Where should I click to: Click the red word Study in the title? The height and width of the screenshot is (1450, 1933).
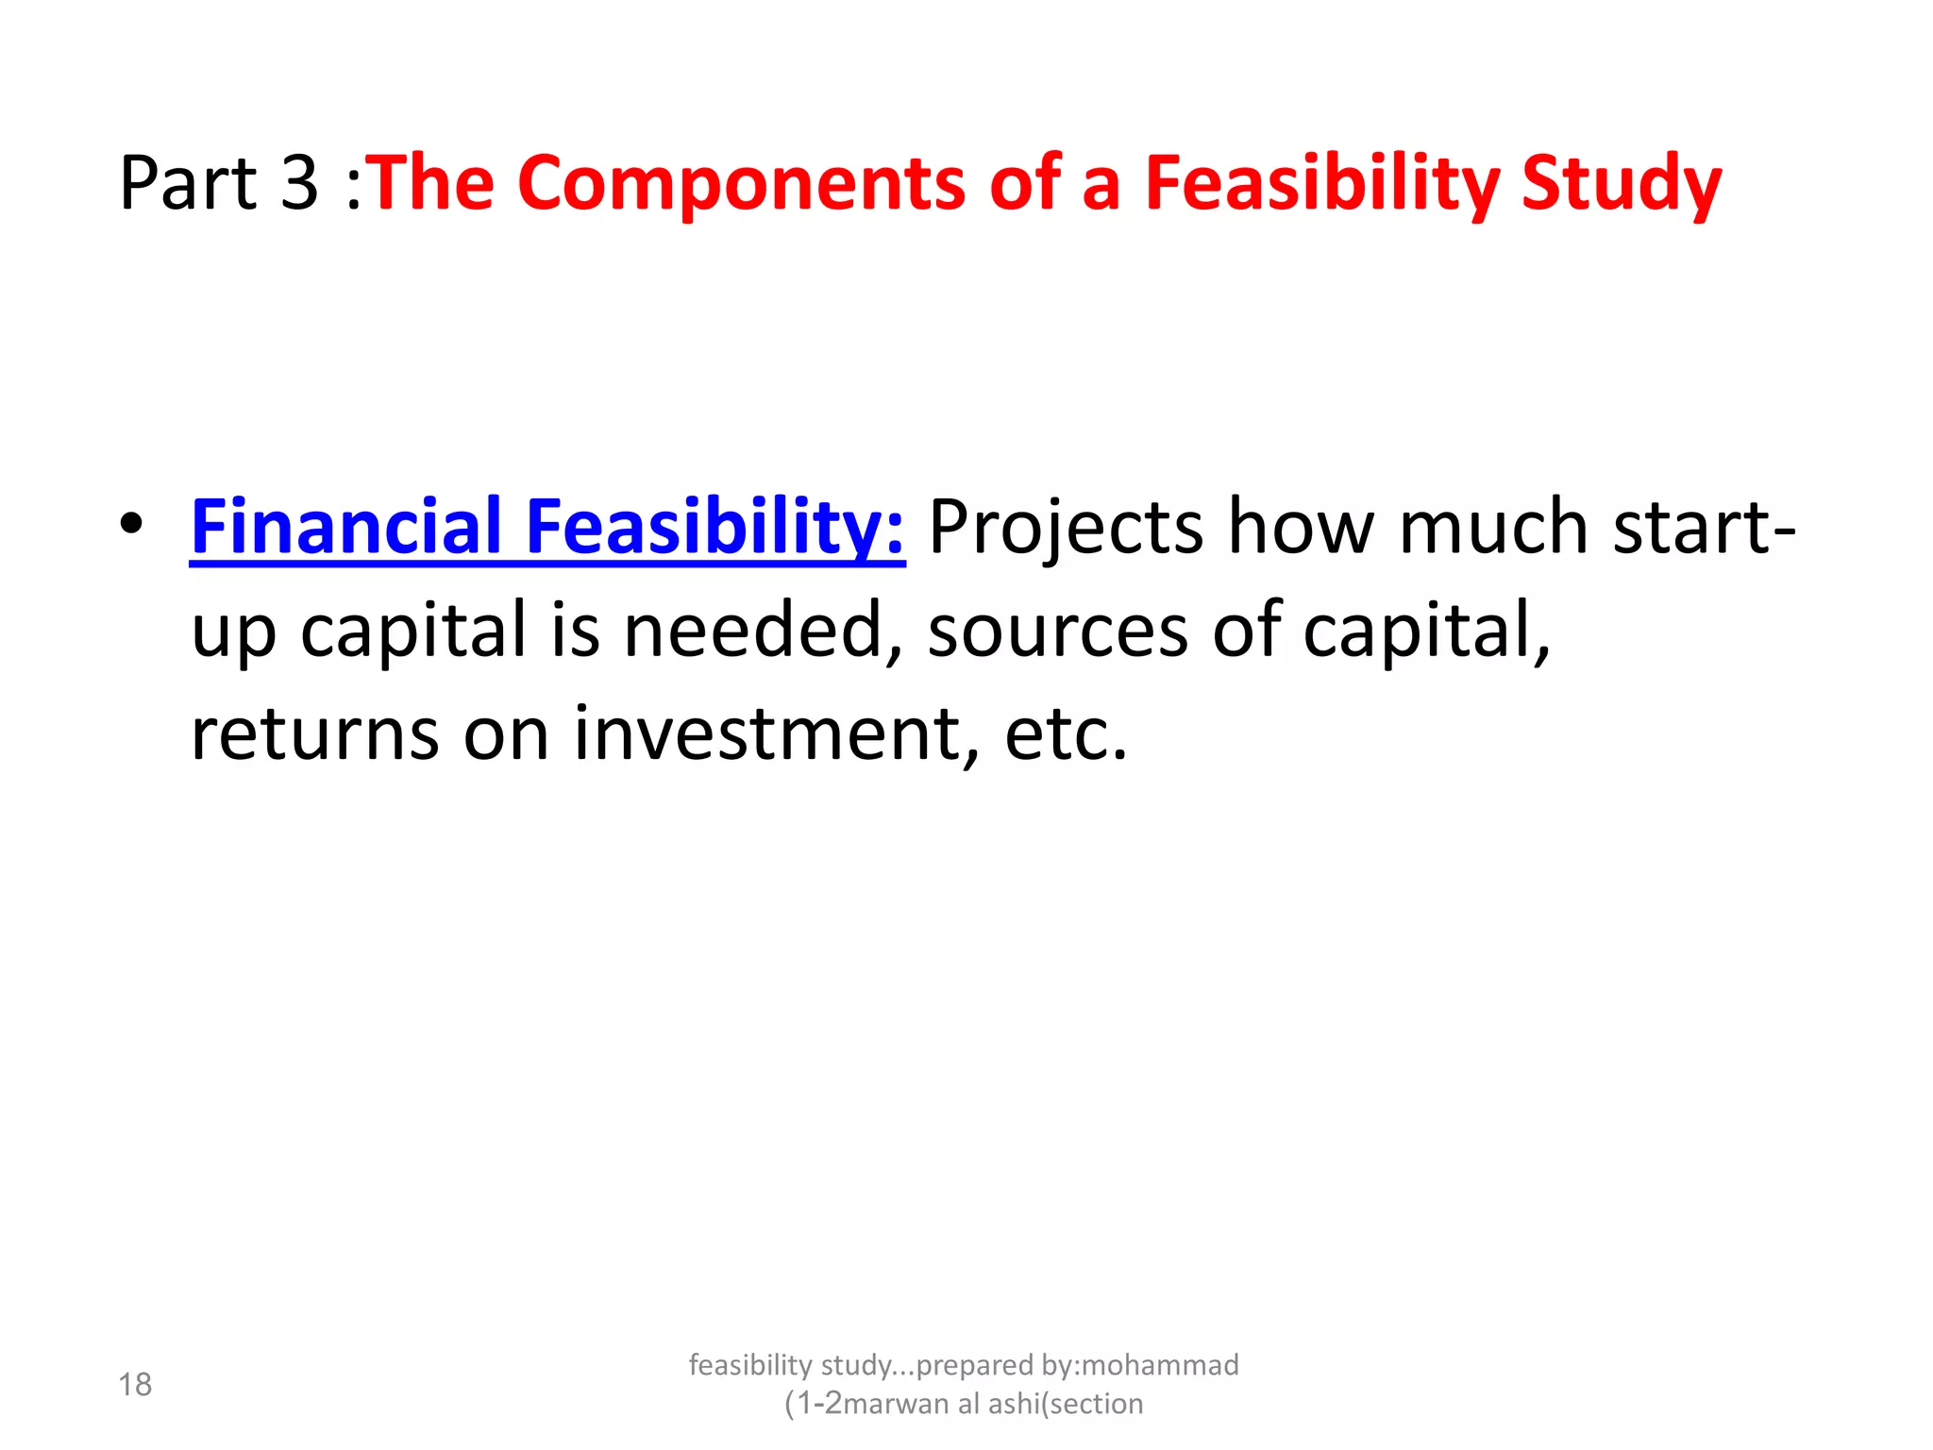1622,184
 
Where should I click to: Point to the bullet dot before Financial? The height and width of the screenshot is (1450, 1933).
132,524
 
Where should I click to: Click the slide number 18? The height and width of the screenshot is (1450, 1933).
135,1385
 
